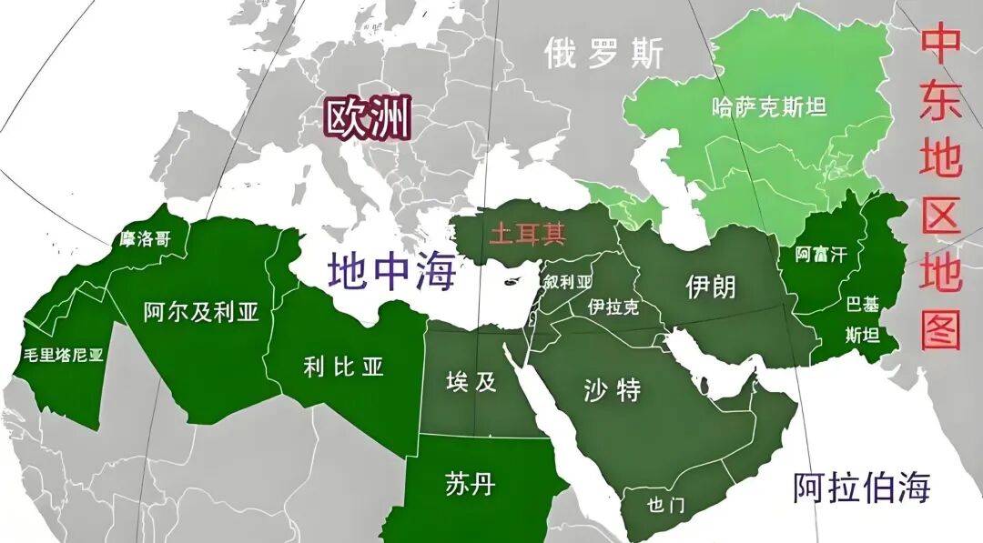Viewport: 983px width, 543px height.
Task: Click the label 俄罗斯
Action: point(603,54)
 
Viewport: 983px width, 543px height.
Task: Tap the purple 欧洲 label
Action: point(369,118)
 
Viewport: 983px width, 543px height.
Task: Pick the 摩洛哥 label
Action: point(145,239)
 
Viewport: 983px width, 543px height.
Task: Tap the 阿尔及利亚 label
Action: point(201,312)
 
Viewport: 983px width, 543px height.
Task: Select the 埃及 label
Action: point(471,381)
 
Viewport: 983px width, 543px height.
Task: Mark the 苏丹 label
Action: point(471,483)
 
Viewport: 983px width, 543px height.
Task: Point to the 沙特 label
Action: point(612,390)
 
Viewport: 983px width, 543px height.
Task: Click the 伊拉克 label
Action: point(613,307)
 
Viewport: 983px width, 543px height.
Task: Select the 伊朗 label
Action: point(710,287)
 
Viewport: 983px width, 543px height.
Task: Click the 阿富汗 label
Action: point(820,255)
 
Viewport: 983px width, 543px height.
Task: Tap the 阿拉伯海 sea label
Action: point(861,488)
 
